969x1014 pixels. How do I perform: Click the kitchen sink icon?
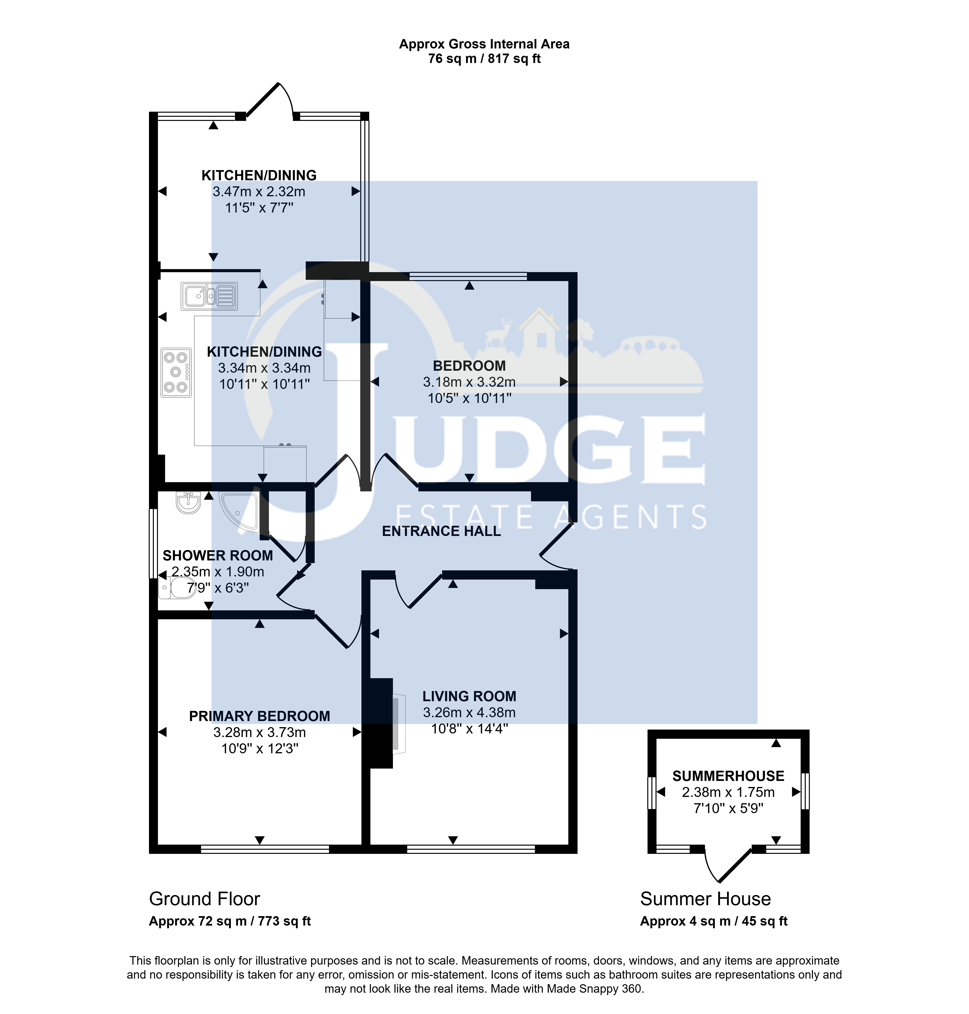[209, 296]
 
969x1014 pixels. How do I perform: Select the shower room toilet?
[177, 588]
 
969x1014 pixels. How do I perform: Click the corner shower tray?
[239, 511]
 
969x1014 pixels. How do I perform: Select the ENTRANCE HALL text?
[441, 531]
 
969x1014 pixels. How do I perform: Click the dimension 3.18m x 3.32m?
[469, 382]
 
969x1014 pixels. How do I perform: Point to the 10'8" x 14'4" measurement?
[469, 729]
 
